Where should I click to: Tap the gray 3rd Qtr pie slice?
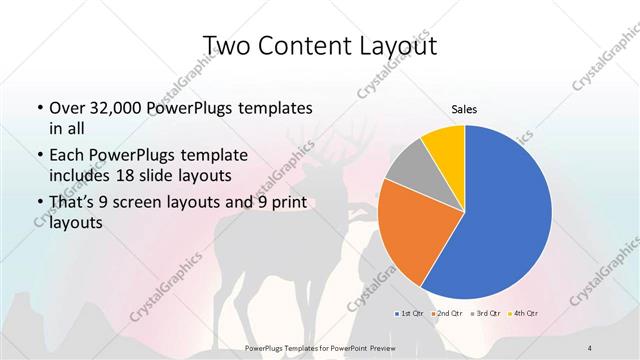tap(406, 173)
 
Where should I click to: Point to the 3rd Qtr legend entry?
tap(488, 313)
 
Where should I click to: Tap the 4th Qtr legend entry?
tap(526, 313)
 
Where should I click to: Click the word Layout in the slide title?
tap(401, 46)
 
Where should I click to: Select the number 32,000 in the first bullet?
tap(124, 108)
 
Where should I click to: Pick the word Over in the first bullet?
tap(68, 108)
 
